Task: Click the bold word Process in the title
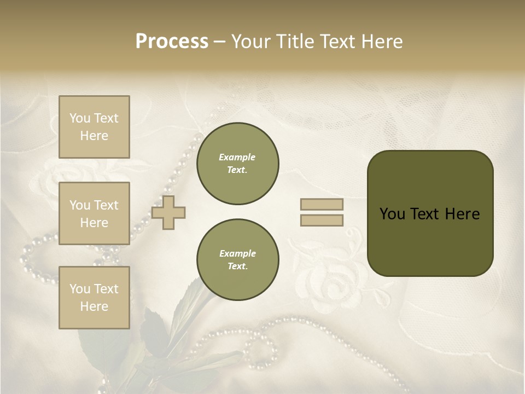(x=172, y=42)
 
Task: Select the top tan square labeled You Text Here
(x=94, y=127)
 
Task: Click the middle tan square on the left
(x=94, y=213)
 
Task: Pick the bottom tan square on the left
(x=94, y=297)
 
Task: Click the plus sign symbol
(x=168, y=212)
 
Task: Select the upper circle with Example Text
(x=237, y=164)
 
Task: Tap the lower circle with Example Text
(x=237, y=260)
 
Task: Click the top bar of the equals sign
(x=322, y=205)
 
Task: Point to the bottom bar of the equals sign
(x=322, y=221)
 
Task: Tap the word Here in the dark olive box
(x=462, y=214)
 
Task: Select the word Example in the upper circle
(x=237, y=157)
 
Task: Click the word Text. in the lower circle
(x=237, y=266)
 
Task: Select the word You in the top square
(x=79, y=118)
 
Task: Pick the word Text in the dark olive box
(x=425, y=214)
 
